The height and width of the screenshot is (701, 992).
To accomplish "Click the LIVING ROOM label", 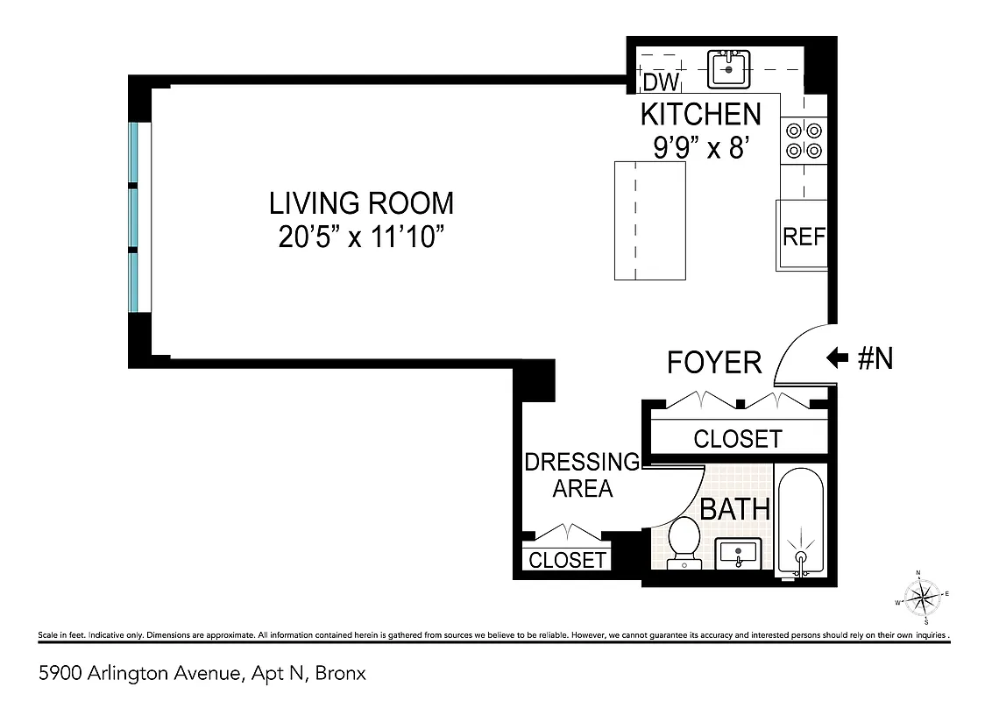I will tap(361, 203).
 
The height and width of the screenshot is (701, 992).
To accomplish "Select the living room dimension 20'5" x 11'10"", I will tap(361, 237).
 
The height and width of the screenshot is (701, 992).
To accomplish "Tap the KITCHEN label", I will tap(700, 115).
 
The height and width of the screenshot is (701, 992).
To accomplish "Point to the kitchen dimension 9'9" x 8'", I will tap(700, 147).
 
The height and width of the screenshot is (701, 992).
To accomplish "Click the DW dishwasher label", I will tap(662, 83).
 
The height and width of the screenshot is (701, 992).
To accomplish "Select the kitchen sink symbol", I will tap(729, 67).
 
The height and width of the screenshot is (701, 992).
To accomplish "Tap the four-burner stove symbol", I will tap(804, 140).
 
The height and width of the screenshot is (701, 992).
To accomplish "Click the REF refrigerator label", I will tap(804, 237).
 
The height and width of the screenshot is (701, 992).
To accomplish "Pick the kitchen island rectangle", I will tap(649, 221).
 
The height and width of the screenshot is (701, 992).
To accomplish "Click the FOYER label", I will tap(714, 362).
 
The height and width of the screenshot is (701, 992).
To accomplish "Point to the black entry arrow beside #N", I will tap(837, 358).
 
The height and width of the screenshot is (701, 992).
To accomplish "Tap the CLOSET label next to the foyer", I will tap(737, 438).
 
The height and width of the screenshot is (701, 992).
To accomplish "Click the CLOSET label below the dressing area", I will tap(567, 559).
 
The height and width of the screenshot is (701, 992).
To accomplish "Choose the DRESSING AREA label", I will tap(582, 475).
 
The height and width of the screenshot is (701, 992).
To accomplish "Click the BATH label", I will tap(734, 508).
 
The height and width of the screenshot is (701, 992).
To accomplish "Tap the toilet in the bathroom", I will tap(682, 542).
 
